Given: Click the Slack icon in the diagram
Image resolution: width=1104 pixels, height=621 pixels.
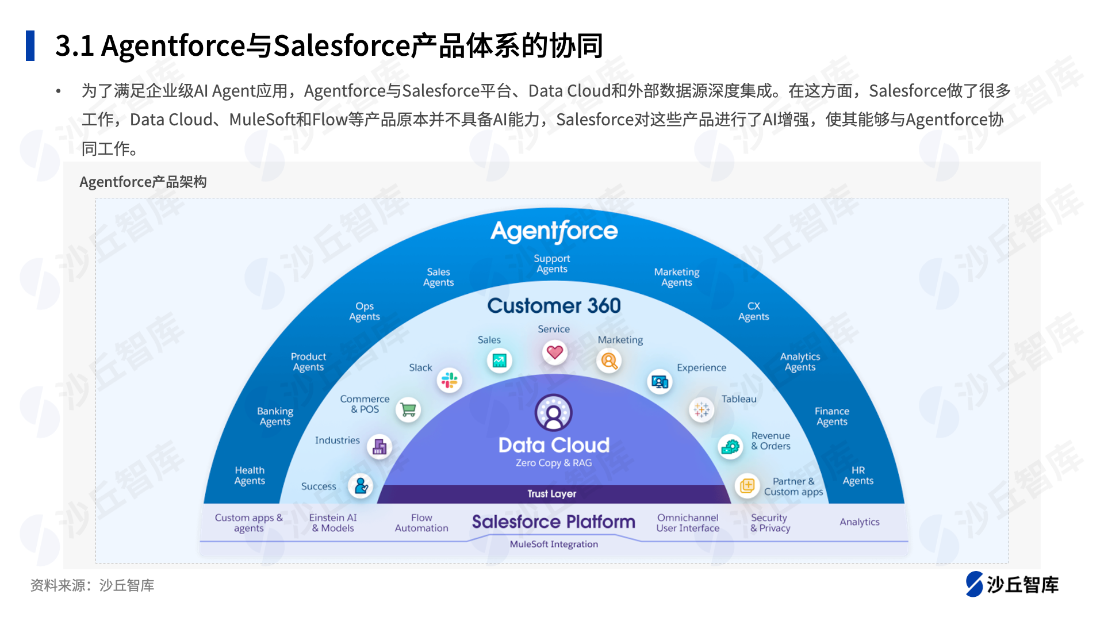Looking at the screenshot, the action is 450,380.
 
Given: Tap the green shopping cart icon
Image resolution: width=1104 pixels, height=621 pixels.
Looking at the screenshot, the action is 408,410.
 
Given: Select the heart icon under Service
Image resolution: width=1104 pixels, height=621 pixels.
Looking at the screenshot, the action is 555,352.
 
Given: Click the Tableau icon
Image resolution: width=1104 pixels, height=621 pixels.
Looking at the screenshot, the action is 701,409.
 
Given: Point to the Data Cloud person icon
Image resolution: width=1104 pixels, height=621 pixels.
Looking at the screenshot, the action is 554,412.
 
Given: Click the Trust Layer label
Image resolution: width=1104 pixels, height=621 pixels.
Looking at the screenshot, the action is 552,494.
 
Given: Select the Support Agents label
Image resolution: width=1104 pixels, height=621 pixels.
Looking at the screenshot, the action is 552,264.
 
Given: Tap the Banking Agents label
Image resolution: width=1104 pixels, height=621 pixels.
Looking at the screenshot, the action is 275,416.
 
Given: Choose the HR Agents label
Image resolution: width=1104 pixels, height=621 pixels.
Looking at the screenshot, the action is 858,476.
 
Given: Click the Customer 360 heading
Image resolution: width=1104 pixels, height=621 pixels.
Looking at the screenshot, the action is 554,305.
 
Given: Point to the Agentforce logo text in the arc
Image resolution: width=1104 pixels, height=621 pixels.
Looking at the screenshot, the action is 554,231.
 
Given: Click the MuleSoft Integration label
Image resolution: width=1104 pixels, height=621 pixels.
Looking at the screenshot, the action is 554,544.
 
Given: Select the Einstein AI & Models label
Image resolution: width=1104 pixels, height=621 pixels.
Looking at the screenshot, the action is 333,523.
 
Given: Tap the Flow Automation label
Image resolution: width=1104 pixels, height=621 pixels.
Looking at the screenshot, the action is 421,523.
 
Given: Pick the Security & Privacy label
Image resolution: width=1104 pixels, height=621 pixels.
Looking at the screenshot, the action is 770,523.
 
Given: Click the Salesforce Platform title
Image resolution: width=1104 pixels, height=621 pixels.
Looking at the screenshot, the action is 554,522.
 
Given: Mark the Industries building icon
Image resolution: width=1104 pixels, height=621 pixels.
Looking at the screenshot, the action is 379,447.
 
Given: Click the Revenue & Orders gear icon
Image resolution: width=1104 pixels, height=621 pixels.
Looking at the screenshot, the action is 730,446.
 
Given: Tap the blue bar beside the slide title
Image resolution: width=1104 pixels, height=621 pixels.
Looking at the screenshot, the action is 30,45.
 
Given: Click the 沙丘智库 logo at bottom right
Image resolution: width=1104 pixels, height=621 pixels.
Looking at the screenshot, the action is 1012,584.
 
